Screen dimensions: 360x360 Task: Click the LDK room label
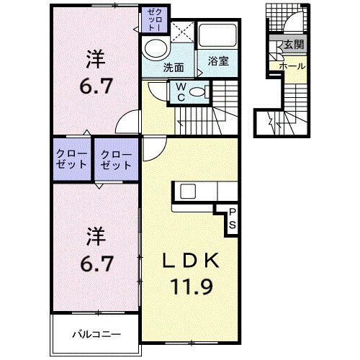click(x=191, y=261)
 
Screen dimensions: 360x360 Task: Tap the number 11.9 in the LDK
click(x=192, y=287)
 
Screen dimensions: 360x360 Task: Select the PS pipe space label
click(x=232, y=219)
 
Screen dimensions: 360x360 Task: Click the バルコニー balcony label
click(x=96, y=334)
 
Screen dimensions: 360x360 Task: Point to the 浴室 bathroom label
click(x=218, y=61)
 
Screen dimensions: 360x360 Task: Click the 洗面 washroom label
click(x=174, y=68)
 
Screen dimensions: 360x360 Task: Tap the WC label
click(x=181, y=92)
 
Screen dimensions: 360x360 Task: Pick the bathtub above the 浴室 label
click(x=217, y=35)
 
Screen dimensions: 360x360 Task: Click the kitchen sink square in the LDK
click(x=188, y=191)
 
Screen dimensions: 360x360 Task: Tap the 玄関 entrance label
click(x=294, y=45)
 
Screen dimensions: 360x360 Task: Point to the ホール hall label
click(x=292, y=66)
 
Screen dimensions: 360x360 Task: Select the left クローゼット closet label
click(x=71, y=159)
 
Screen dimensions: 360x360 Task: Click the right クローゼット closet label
click(x=116, y=160)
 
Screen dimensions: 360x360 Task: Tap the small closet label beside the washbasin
click(x=154, y=19)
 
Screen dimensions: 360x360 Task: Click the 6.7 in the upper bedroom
click(x=96, y=86)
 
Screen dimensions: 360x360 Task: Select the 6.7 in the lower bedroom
click(x=96, y=264)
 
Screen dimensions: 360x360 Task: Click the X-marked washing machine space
click(x=183, y=32)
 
